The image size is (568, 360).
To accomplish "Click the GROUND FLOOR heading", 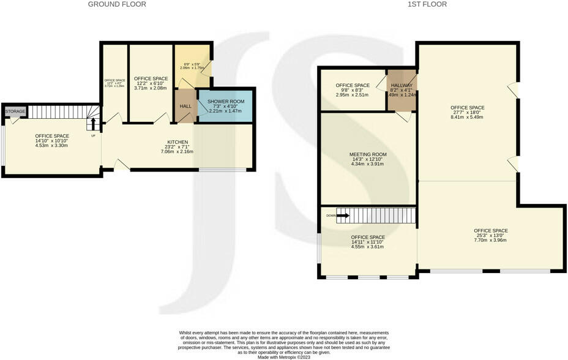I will click(x=117, y=4).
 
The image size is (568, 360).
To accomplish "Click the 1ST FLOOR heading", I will click(x=427, y=4).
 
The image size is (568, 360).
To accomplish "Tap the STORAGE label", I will click(x=15, y=111).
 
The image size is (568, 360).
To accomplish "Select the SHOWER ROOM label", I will click(x=226, y=101).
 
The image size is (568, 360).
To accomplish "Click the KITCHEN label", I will click(x=177, y=142).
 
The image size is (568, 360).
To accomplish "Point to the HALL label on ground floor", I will click(x=185, y=107).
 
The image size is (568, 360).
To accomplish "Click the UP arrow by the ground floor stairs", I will click(x=93, y=125).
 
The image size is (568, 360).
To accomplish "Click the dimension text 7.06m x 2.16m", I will click(x=177, y=151).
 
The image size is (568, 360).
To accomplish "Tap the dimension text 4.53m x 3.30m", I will click(x=51, y=145).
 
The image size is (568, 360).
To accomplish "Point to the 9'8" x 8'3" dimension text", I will click(x=353, y=91).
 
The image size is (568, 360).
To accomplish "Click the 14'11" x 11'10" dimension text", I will click(x=368, y=242).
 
